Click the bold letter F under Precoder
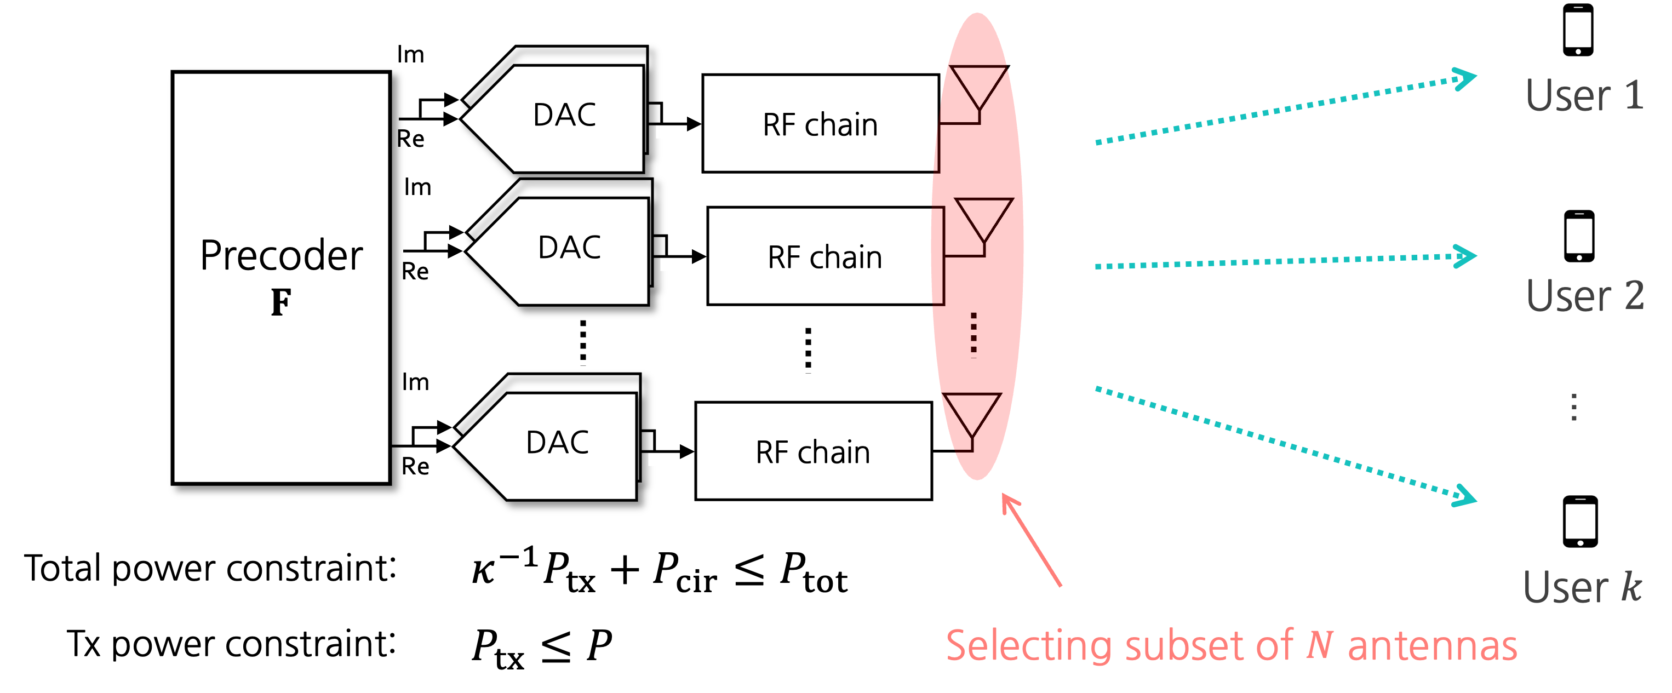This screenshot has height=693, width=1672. (281, 302)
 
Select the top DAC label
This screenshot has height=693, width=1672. (564, 115)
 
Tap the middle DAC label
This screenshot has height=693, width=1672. (569, 247)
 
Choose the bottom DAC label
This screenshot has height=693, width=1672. (557, 443)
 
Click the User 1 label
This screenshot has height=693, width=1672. (1584, 95)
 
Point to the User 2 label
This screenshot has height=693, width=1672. (1584, 296)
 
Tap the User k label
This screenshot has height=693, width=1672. (1582, 587)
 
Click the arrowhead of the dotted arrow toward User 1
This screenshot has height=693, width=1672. (1465, 79)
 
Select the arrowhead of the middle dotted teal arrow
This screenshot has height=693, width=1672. (1465, 256)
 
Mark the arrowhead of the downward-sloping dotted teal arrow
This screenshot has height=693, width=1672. (1465, 497)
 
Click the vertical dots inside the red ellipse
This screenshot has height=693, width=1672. (974, 334)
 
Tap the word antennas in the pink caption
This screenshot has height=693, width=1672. (1432, 646)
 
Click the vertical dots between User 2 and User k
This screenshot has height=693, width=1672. (1574, 407)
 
